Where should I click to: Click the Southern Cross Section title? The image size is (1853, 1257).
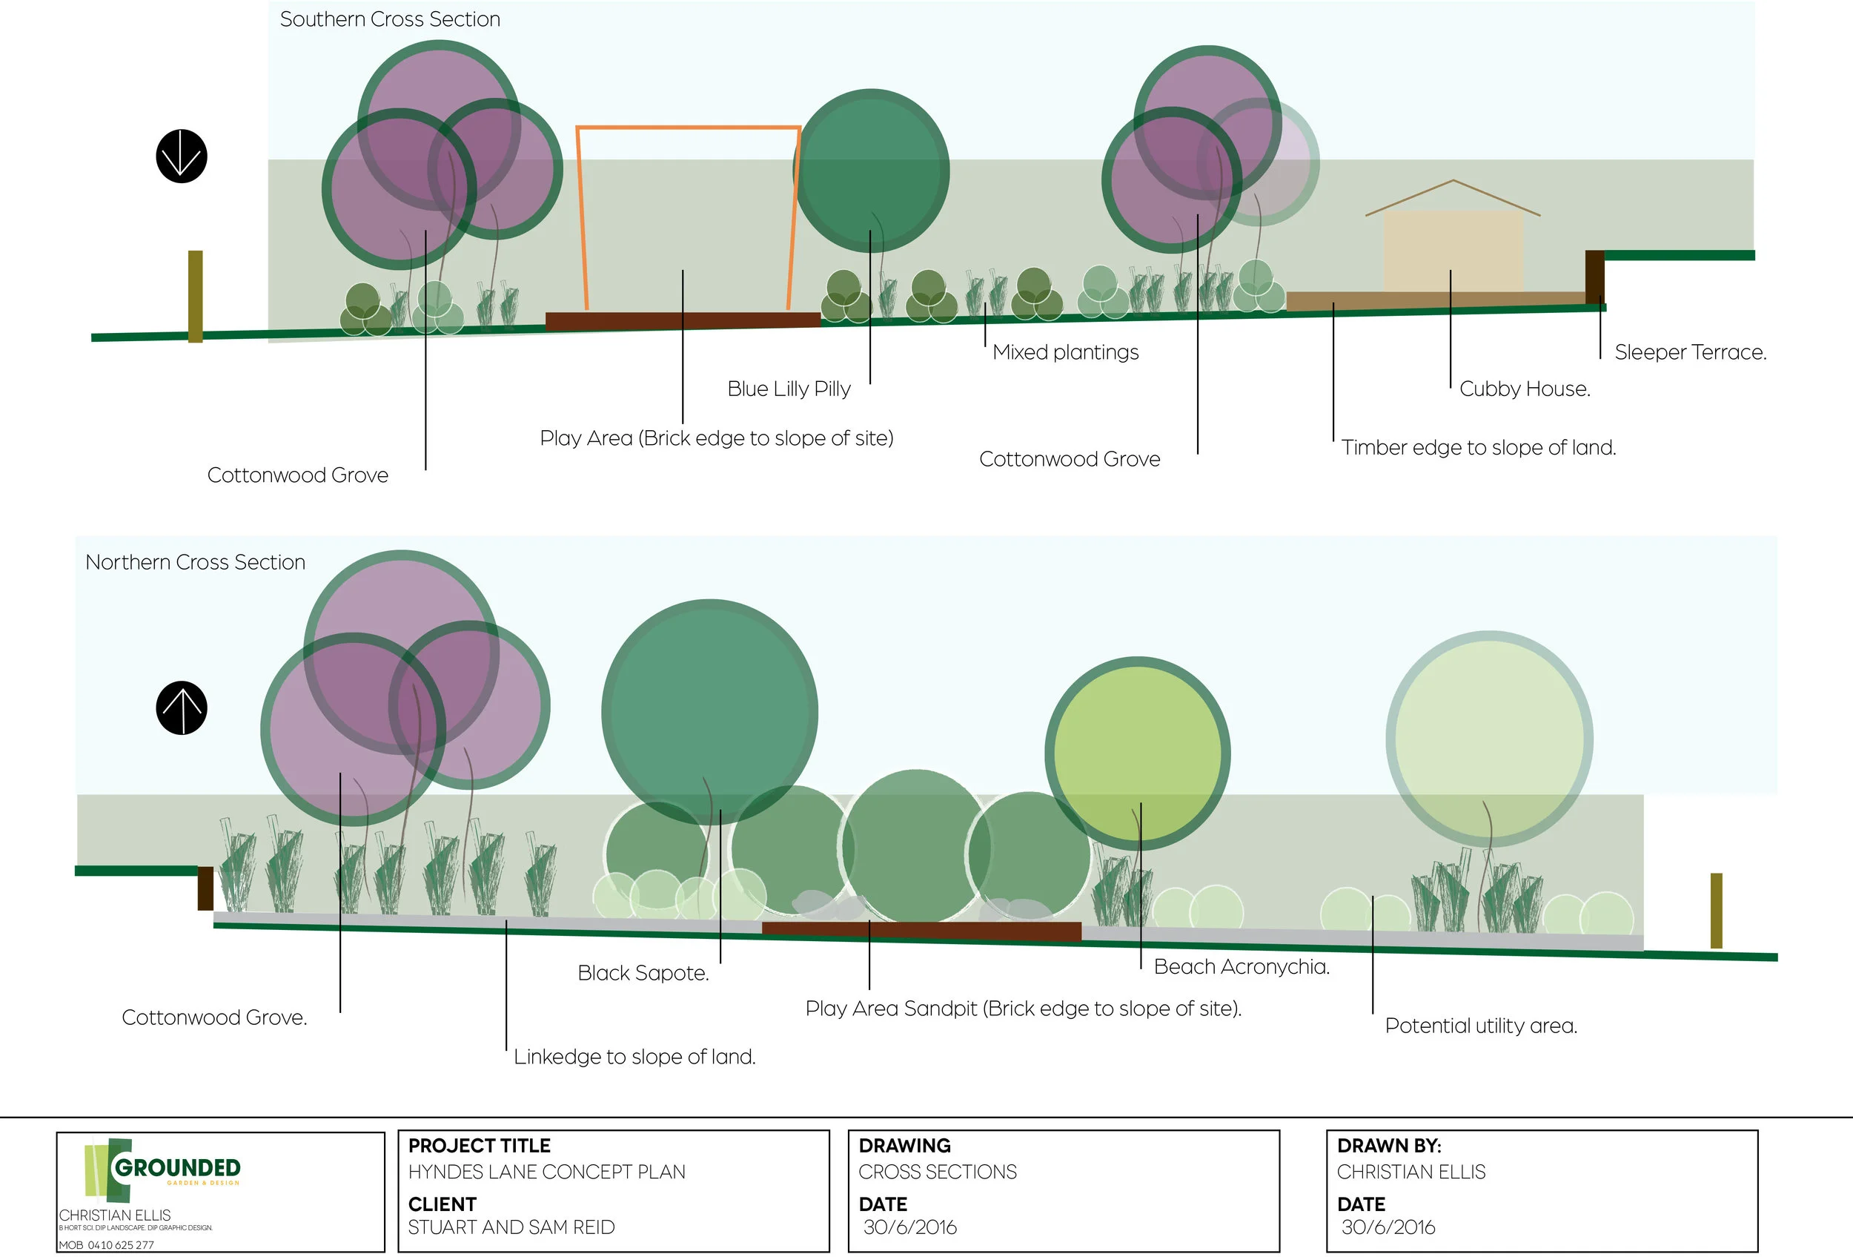click(x=390, y=19)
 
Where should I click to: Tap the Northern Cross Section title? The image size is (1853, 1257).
click(x=196, y=562)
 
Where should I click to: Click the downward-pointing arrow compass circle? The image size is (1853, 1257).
click(x=182, y=156)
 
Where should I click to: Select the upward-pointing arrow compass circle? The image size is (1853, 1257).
click(x=182, y=708)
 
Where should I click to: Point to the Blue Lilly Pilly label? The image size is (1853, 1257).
click(x=789, y=389)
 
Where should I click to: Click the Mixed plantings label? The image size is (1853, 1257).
click(x=1065, y=352)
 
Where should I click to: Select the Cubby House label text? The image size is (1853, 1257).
click(x=1525, y=389)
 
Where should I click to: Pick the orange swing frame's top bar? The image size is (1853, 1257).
click(x=687, y=127)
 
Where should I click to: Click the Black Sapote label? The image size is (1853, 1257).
click(x=643, y=973)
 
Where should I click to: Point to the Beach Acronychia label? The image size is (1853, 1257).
click(x=1242, y=967)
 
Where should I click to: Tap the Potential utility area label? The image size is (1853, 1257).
click(x=1481, y=1026)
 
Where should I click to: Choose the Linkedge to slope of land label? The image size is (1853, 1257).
click(x=634, y=1057)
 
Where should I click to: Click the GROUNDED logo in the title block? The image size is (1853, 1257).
click(x=176, y=1169)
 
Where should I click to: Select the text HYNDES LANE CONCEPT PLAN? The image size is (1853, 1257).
click(x=547, y=1172)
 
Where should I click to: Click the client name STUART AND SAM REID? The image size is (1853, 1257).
click(x=511, y=1227)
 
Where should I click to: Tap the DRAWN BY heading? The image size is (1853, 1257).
click(x=1389, y=1147)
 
